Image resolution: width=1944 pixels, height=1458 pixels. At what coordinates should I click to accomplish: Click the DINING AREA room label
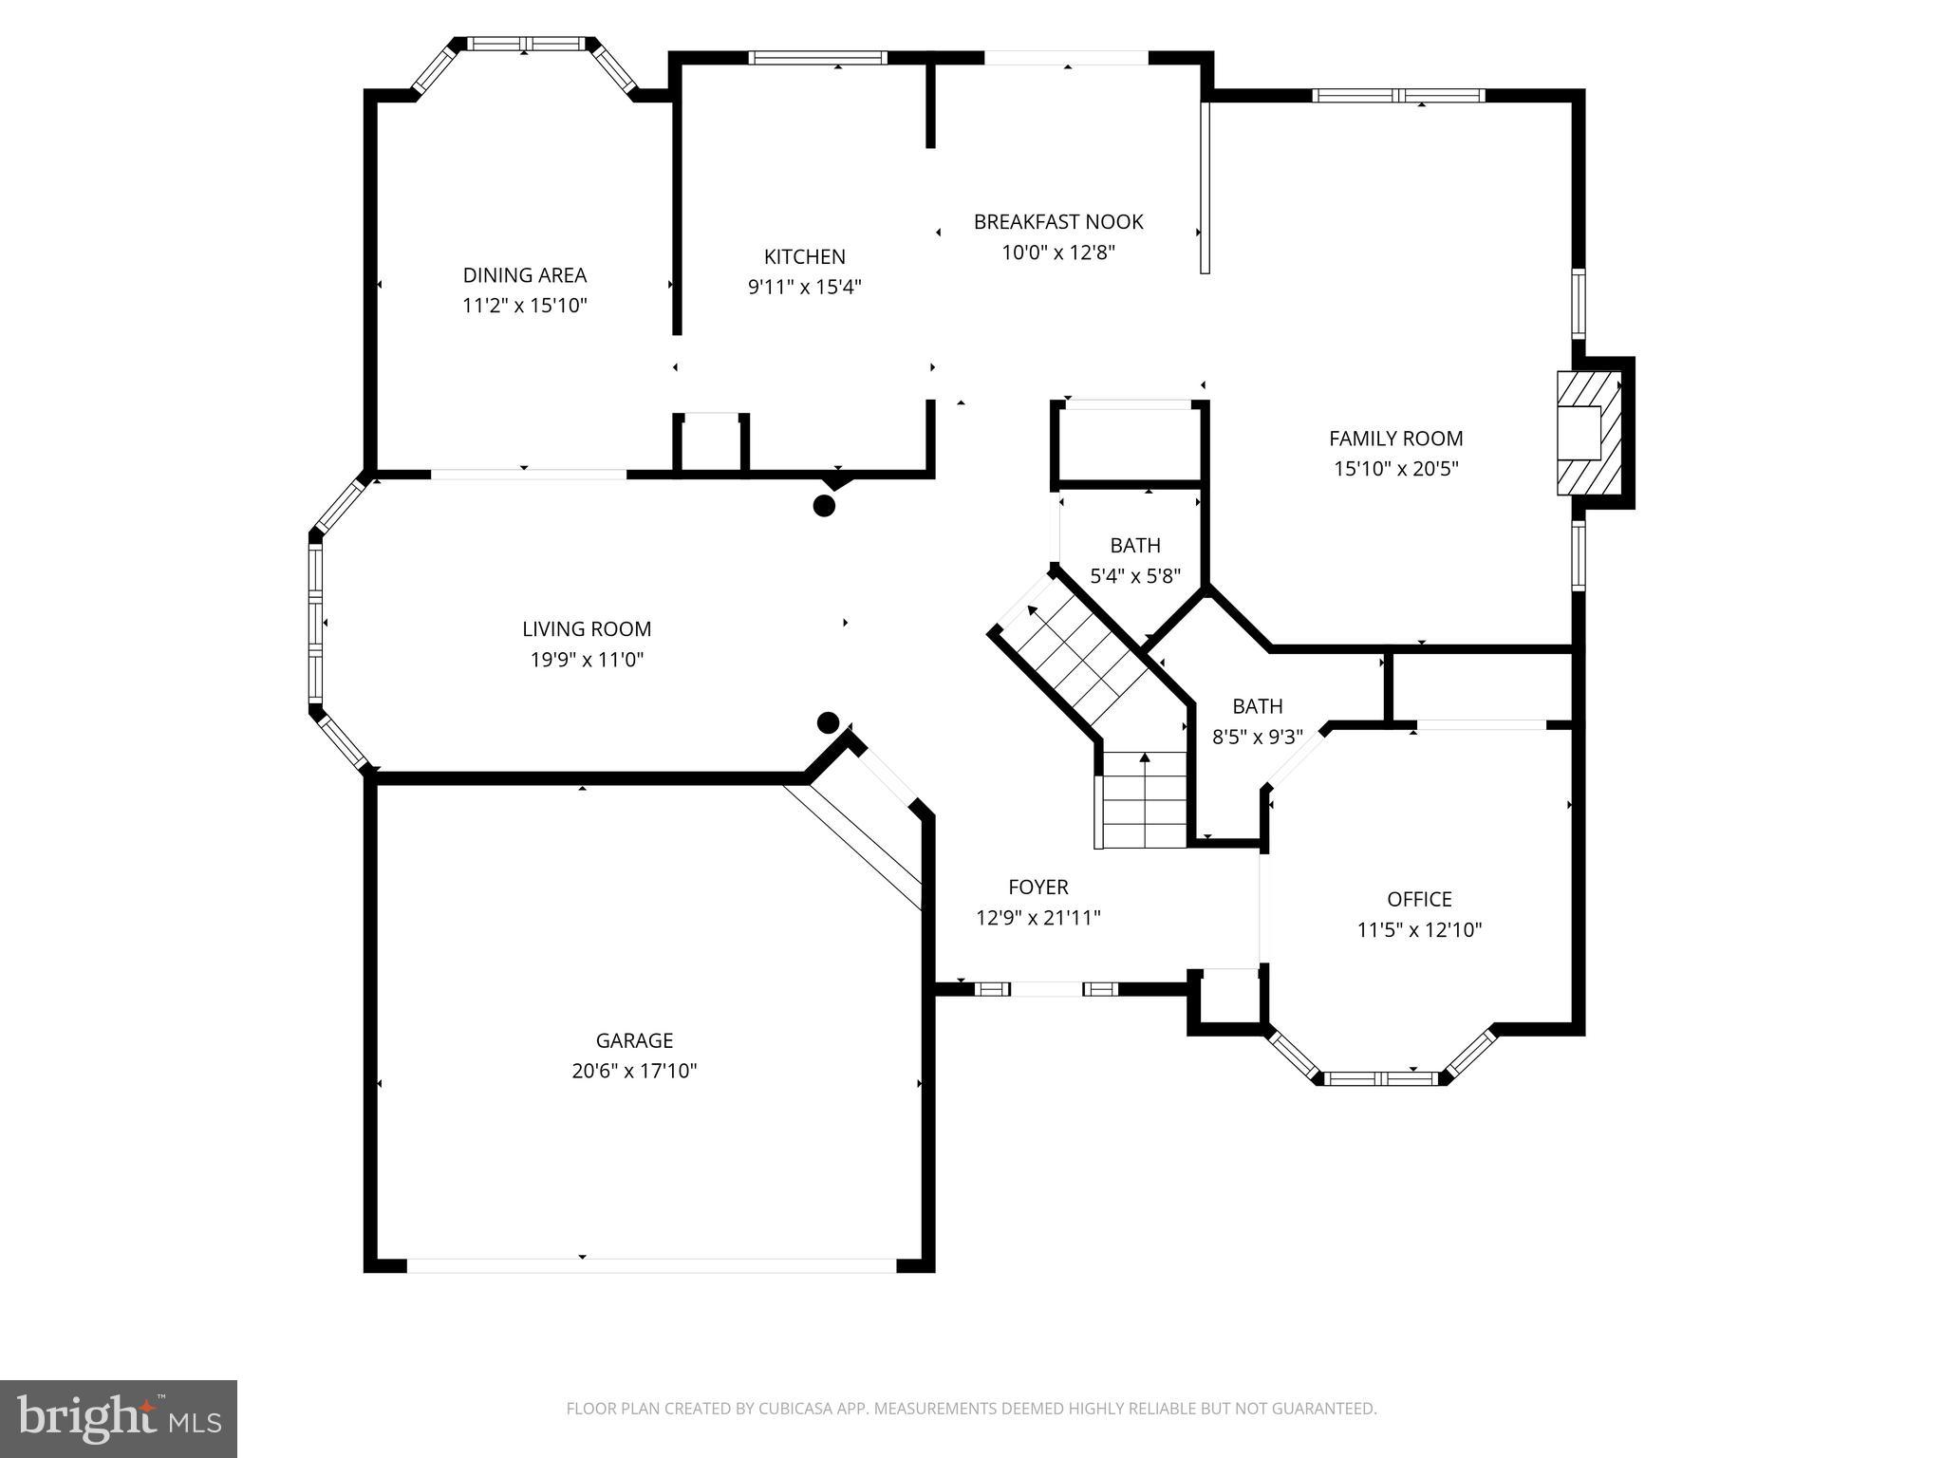point(525,275)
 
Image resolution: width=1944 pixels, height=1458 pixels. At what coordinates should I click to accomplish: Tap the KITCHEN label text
point(805,256)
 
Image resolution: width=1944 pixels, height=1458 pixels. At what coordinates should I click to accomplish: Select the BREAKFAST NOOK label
point(1058,221)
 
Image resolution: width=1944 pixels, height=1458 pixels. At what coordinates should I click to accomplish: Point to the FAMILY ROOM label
point(1395,439)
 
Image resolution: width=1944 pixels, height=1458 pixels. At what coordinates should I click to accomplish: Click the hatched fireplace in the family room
point(1589,433)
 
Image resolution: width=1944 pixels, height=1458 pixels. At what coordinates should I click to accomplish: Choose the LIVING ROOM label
point(587,628)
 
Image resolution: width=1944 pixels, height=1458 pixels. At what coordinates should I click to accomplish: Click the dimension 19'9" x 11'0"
point(587,659)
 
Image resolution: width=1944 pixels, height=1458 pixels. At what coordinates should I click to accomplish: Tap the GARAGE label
point(634,1040)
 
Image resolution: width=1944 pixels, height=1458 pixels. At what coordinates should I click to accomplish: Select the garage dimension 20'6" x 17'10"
point(634,1071)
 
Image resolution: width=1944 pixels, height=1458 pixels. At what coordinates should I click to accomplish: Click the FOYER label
point(1038,887)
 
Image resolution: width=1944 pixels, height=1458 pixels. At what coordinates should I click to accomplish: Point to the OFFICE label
point(1419,899)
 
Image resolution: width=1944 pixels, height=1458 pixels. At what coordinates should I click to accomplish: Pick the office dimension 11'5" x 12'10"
point(1419,929)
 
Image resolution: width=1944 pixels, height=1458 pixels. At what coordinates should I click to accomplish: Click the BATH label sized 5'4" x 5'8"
point(1135,545)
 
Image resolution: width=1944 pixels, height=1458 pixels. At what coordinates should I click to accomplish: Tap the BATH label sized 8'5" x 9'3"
point(1258,706)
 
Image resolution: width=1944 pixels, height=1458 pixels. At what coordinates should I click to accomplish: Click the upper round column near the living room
point(824,506)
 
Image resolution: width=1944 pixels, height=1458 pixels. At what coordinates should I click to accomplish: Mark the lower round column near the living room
point(828,723)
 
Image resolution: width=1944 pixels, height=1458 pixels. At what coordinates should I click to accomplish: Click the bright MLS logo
point(119,1419)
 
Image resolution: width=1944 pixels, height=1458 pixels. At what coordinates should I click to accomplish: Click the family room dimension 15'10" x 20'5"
point(1395,468)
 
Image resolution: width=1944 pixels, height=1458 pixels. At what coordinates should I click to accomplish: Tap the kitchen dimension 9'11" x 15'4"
point(805,286)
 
